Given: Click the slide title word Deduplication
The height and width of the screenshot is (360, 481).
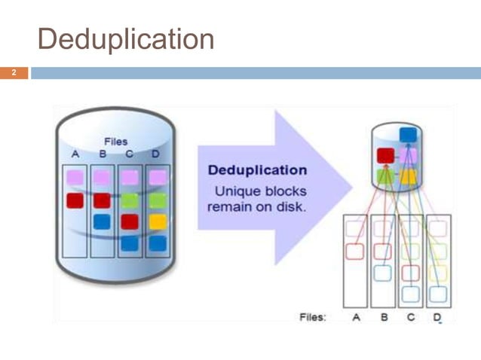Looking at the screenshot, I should (x=125, y=39).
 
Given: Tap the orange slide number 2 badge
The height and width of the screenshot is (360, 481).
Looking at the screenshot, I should (x=13, y=73).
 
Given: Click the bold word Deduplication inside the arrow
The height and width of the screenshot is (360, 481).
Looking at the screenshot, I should (x=257, y=170).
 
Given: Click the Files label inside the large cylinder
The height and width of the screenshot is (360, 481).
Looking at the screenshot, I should (x=115, y=141).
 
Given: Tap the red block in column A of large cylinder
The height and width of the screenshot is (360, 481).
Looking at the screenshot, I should (x=75, y=200).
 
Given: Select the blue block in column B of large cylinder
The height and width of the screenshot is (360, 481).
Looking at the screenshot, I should (x=102, y=221).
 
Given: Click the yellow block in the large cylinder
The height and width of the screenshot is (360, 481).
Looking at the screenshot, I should (x=157, y=221).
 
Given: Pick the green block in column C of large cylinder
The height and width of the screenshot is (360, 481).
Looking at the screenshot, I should (x=130, y=200).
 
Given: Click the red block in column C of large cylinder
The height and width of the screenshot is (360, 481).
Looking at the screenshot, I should (x=130, y=221).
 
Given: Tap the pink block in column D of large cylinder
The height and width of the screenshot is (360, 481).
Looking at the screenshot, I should (x=157, y=178).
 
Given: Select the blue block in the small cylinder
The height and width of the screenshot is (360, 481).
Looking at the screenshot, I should (x=408, y=135).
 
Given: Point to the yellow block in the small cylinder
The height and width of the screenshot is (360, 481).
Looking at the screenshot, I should (x=408, y=176).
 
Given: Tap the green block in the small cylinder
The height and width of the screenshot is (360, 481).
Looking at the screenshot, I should (x=384, y=176).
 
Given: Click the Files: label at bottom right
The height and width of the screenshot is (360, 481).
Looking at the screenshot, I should (x=313, y=317).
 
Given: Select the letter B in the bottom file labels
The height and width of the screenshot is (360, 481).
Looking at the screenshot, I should (x=384, y=317).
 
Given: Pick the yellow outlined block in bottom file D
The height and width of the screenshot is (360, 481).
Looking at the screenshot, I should (x=438, y=272).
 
